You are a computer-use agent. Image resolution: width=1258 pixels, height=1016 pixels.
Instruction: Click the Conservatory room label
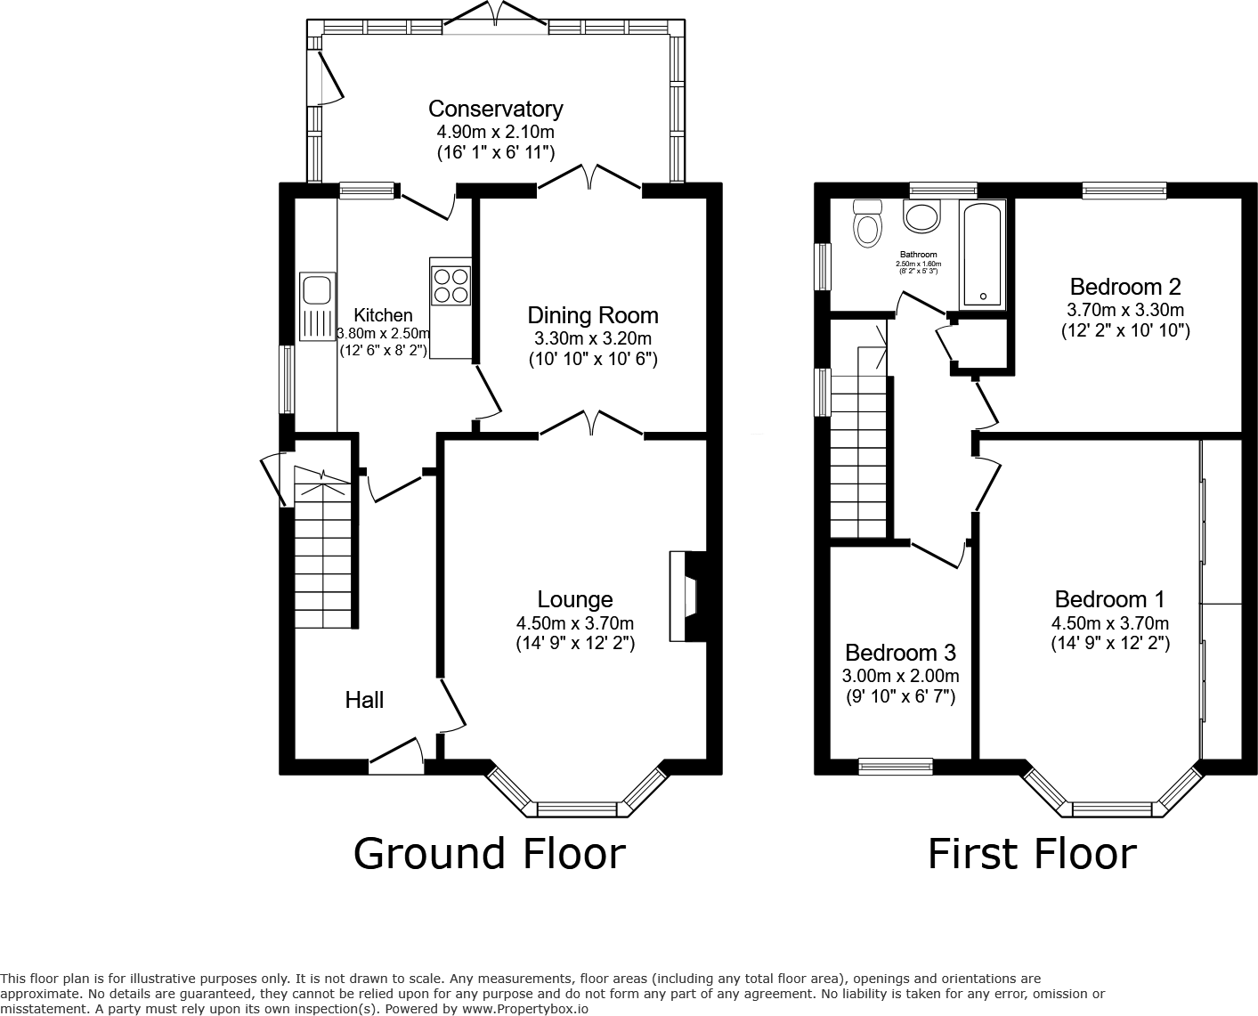click(495, 109)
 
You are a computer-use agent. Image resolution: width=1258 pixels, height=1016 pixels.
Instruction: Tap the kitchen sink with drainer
click(316, 306)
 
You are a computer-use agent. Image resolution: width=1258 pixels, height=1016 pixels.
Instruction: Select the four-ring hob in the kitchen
click(450, 284)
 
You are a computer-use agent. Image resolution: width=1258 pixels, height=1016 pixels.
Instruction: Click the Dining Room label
click(592, 315)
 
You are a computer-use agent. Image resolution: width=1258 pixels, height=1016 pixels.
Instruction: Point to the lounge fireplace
click(687, 597)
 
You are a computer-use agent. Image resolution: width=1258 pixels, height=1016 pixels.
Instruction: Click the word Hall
click(364, 700)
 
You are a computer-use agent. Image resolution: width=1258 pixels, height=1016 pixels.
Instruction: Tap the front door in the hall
click(396, 755)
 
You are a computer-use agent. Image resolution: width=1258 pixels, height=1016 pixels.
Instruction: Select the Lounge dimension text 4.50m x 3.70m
click(574, 623)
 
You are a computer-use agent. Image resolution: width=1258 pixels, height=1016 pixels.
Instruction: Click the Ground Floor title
click(489, 853)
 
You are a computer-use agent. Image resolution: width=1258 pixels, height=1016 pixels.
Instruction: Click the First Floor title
click(1032, 853)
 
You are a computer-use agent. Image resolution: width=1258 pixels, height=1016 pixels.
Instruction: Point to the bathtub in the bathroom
click(982, 254)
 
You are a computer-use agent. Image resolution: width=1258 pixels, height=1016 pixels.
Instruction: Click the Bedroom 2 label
click(1125, 287)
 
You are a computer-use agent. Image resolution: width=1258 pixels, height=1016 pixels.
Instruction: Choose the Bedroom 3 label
click(900, 652)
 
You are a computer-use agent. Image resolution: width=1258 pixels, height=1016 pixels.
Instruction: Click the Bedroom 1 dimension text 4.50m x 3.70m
click(1109, 623)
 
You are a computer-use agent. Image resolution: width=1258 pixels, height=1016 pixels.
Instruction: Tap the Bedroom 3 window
click(896, 765)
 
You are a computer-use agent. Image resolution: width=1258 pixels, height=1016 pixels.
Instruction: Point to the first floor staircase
click(860, 454)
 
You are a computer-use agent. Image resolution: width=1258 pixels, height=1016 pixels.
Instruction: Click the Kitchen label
click(383, 315)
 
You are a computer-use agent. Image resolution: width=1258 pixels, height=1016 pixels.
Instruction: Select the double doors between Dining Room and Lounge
click(591, 425)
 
